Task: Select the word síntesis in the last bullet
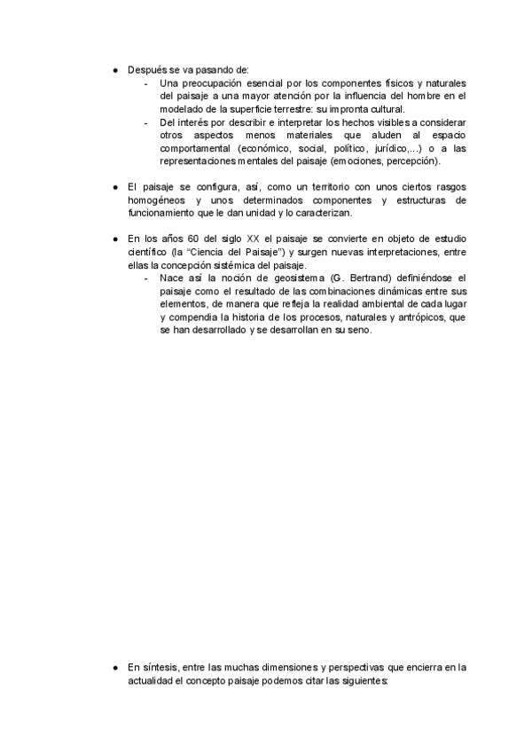pyautogui.click(x=161, y=667)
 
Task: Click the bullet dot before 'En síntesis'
pyautogui.click(x=115, y=667)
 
